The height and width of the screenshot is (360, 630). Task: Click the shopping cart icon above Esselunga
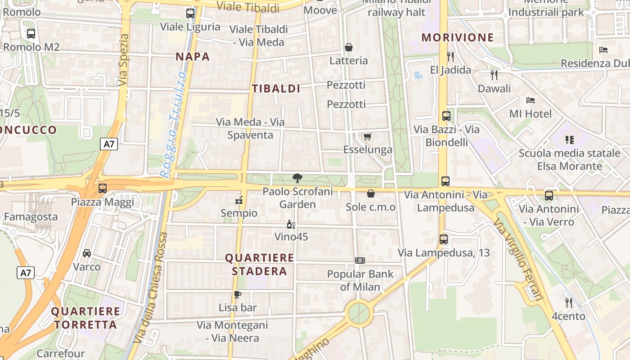pyautogui.click(x=368, y=136)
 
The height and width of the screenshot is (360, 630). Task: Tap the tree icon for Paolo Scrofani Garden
pyautogui.click(x=297, y=178)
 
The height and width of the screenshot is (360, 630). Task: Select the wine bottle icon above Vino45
pyautogui.click(x=291, y=224)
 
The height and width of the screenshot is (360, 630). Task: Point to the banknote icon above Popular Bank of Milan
pyautogui.click(x=360, y=261)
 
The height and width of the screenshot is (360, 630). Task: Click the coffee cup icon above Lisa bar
pyautogui.click(x=238, y=295)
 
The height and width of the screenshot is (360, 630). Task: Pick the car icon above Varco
pyautogui.click(x=87, y=253)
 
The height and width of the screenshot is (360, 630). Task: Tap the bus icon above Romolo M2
pyautogui.click(x=31, y=33)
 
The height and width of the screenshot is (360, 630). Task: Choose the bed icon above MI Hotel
pyautogui.click(x=531, y=100)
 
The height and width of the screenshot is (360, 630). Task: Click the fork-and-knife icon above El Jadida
pyautogui.click(x=450, y=56)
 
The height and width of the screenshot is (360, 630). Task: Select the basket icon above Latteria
pyautogui.click(x=348, y=47)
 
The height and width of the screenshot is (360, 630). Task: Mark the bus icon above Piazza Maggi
pyautogui.click(x=103, y=189)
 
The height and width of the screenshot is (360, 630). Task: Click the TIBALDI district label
pyautogui.click(x=276, y=89)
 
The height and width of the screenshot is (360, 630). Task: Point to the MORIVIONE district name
pyautogui.click(x=458, y=37)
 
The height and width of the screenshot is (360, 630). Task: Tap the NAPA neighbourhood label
pyautogui.click(x=193, y=57)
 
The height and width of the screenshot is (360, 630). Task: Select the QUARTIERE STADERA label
pyautogui.click(x=259, y=265)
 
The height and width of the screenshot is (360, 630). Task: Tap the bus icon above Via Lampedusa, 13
pyautogui.click(x=444, y=239)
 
